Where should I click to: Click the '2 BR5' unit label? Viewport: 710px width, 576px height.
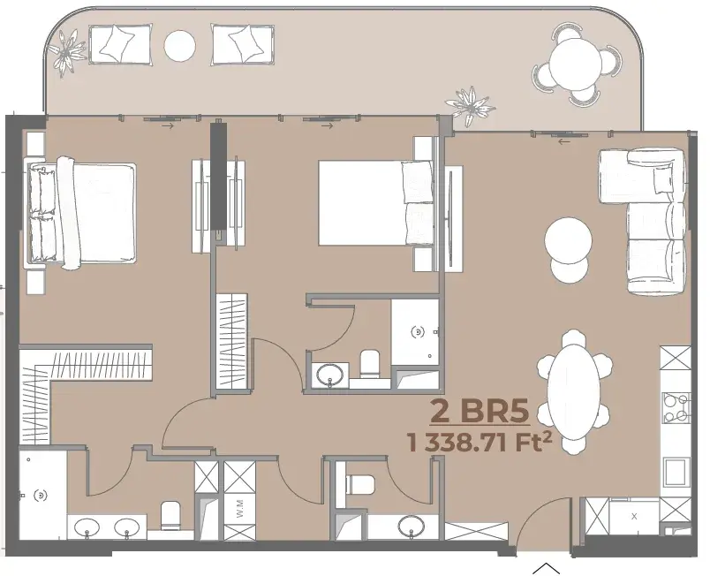479,411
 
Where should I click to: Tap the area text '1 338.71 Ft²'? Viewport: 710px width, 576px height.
480,443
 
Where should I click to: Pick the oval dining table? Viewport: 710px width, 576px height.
574,390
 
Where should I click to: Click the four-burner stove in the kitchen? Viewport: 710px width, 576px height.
676,407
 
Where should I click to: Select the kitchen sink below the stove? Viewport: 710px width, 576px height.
676,472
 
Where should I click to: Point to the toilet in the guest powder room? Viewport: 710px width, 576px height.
360,484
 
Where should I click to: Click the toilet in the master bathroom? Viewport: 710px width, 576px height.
171,515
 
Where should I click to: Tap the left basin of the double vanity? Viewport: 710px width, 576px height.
87,527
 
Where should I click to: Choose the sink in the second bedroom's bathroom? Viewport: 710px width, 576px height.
329,375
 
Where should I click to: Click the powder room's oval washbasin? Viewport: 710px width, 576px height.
412,527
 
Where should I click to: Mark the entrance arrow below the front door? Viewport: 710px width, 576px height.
546,568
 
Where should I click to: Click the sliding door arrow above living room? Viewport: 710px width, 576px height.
563,141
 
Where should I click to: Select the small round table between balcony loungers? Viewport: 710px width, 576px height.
180,46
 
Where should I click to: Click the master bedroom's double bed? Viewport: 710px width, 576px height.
81,213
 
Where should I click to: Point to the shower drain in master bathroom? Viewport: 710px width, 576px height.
42,496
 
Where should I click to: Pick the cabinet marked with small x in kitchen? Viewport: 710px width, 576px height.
634,516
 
